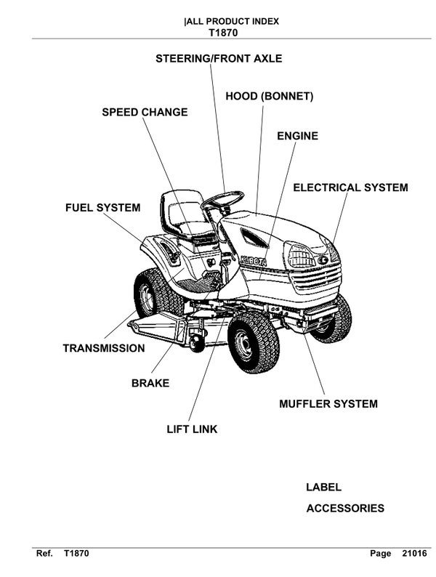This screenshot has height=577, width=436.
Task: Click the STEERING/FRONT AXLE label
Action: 219,58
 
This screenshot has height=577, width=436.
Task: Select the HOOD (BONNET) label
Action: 269,96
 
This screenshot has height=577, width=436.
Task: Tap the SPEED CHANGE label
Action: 145,112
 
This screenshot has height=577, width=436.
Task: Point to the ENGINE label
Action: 298,136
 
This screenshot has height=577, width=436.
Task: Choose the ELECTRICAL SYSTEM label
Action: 350,187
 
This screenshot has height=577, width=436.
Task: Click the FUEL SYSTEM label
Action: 103,208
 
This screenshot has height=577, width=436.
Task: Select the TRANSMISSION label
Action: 104,348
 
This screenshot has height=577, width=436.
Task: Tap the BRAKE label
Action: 150,382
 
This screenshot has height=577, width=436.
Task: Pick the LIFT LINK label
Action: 192,429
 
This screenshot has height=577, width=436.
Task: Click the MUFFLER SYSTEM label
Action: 328,403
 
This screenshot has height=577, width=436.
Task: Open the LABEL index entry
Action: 323,488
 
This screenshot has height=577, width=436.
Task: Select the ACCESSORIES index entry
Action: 345,509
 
